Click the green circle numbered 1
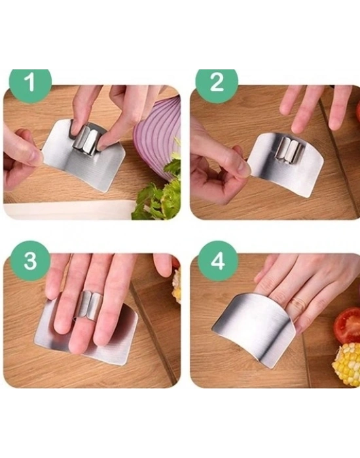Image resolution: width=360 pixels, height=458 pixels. [30, 83]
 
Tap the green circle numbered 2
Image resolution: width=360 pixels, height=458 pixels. [217, 83]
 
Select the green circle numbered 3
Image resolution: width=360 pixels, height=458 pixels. [30, 260]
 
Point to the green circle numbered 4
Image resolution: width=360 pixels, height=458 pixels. [218, 260]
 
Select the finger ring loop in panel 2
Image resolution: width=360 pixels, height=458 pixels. [290, 150]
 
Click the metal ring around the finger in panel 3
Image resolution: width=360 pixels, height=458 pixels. [89, 306]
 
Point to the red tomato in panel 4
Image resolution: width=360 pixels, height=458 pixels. [348, 325]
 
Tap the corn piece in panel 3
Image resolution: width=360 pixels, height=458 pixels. [177, 287]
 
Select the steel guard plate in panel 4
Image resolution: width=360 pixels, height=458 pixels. [254, 328]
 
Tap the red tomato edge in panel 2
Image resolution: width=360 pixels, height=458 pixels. [357, 112]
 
